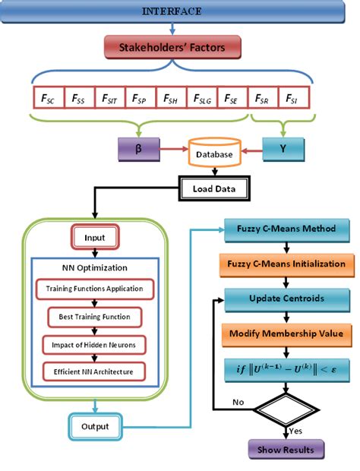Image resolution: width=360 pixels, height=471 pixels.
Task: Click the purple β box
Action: click(x=137, y=148)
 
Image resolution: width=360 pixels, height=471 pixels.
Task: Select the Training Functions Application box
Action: click(x=94, y=289)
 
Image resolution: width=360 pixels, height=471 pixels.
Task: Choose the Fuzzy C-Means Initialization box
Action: click(x=286, y=264)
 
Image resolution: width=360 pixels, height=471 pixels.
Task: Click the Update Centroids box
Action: click(x=286, y=298)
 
